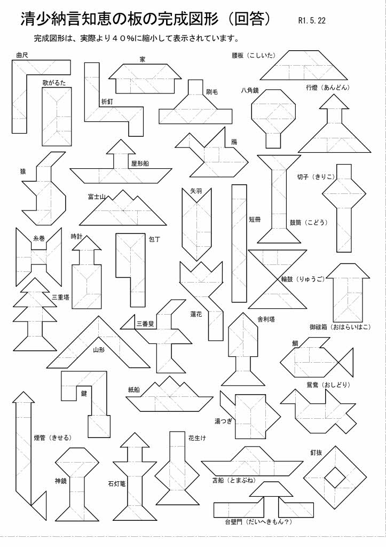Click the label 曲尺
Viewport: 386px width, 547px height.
click(22, 54)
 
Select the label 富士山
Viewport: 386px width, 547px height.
click(97, 197)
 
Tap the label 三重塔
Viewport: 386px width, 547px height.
click(60, 297)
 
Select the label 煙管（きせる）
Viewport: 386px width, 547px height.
click(52, 437)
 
